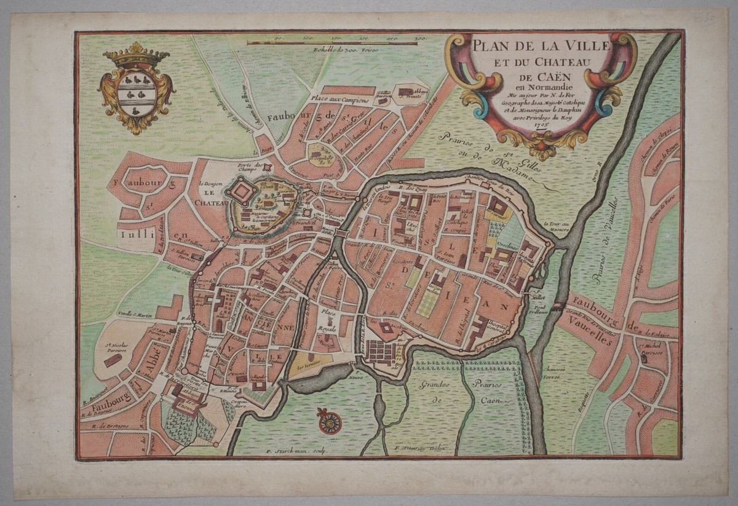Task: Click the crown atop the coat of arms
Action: click(x=136, y=55)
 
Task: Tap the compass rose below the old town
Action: click(x=330, y=421)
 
